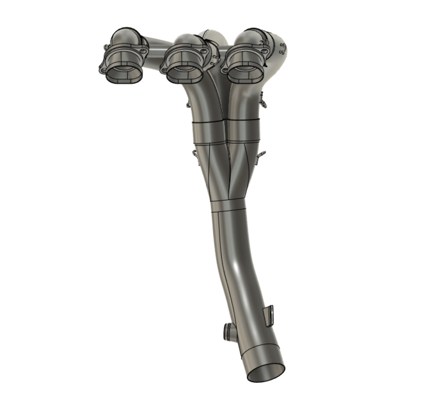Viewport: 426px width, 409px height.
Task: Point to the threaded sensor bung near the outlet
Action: [x=229, y=332]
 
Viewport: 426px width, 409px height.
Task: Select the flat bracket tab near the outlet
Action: [x=269, y=314]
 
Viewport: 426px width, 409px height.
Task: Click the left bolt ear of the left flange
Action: [x=102, y=70]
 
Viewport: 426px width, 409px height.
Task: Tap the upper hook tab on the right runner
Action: [x=262, y=99]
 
